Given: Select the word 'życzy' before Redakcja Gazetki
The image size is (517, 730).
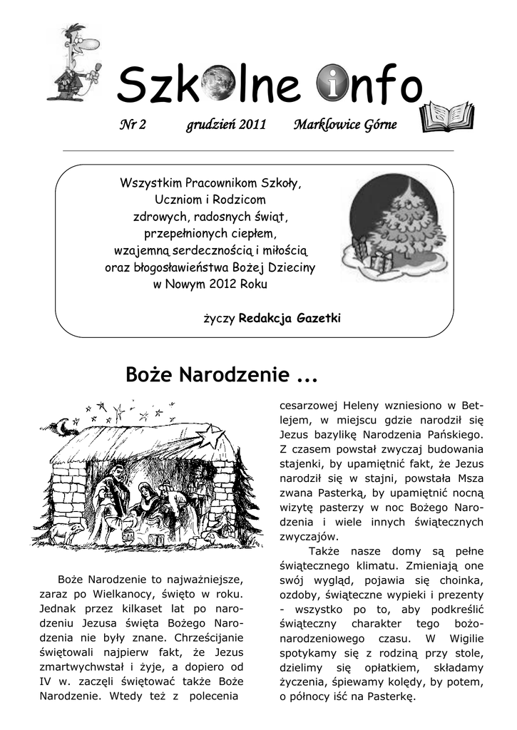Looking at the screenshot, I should pos(219,319).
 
